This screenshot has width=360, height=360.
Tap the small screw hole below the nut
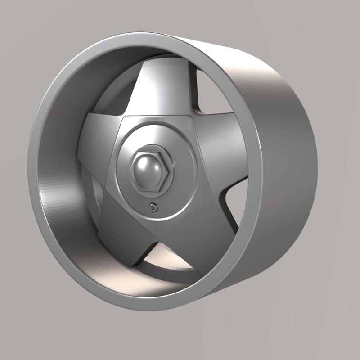(x=154, y=207)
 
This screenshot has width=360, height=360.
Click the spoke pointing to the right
(x=220, y=139)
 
